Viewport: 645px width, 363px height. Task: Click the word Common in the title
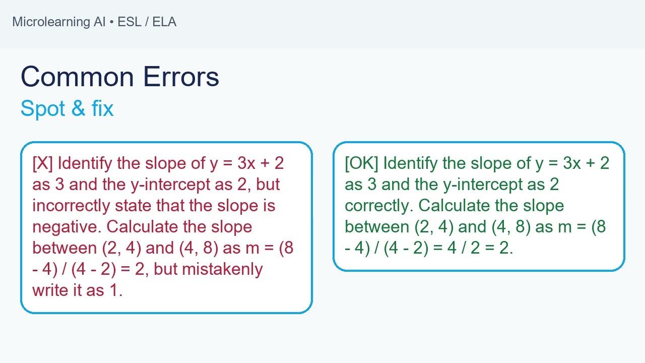click(x=78, y=77)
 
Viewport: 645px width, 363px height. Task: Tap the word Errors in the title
click(x=181, y=77)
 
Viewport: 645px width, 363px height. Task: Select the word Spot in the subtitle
click(x=43, y=108)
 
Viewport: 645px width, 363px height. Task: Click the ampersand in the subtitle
click(x=78, y=108)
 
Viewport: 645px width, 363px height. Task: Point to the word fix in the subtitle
click(x=102, y=108)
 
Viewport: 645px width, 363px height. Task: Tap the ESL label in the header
click(x=130, y=22)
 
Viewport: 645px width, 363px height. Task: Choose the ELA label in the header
click(x=164, y=22)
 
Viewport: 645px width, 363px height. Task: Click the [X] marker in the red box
click(x=43, y=163)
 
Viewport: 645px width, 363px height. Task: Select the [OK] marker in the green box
click(x=362, y=163)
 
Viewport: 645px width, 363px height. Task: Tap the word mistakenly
click(x=223, y=269)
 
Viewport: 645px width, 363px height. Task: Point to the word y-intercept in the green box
click(x=483, y=185)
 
